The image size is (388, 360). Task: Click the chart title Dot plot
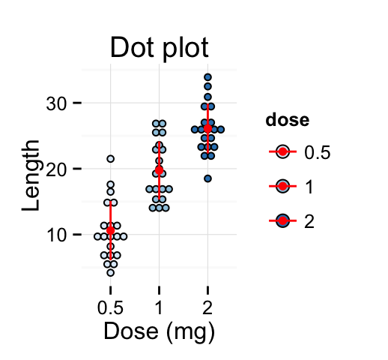159,47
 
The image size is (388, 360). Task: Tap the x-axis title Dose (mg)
159,330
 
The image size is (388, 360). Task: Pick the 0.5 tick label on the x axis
110,307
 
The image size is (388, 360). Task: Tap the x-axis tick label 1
159,307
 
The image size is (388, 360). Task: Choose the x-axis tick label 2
207,307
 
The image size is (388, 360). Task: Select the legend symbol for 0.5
282,152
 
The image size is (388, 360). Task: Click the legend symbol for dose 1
282,186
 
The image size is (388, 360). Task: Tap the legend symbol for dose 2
282,220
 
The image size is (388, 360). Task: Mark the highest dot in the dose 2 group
207,77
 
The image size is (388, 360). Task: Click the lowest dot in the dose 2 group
207,178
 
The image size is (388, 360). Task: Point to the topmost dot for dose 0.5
110,159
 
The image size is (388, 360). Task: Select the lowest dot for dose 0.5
110,272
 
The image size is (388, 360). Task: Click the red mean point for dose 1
159,169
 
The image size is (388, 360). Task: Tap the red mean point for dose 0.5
110,230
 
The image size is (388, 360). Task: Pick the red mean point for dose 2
207,128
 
